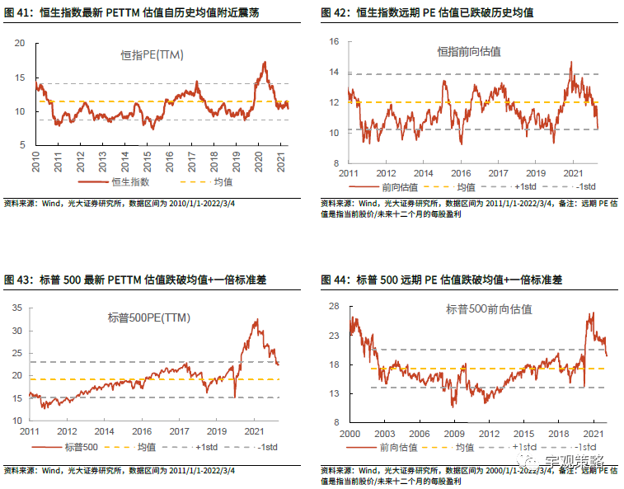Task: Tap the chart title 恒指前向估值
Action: [469, 51]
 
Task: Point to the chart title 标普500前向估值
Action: [489, 309]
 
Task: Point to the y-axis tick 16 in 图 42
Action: [333, 42]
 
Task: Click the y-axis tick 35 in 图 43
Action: [17, 308]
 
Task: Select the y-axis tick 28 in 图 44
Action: [333, 306]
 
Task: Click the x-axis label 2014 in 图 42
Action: [423, 173]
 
